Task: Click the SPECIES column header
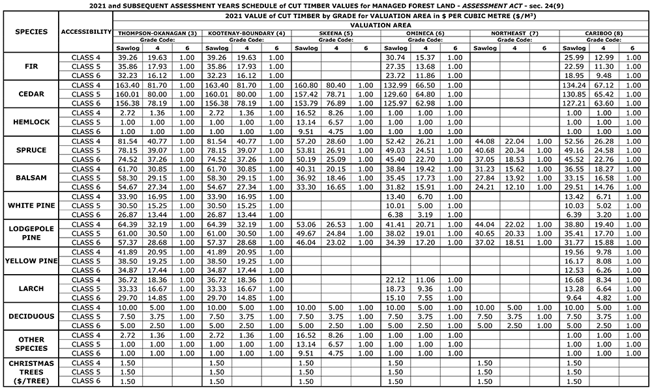[x=31, y=31]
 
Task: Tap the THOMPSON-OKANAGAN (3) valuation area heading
[x=157, y=33]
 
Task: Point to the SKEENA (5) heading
[x=336, y=33]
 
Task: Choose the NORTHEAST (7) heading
[x=515, y=33]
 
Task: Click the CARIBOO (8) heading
[x=604, y=33]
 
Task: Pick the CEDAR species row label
[x=31, y=94]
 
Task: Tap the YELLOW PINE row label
[x=31, y=261]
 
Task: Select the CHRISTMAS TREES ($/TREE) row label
[x=31, y=372]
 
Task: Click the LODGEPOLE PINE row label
[x=31, y=233]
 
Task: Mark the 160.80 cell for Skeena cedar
[x=306, y=85]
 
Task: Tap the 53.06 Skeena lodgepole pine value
[x=306, y=224]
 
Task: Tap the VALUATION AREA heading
[x=381, y=23]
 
